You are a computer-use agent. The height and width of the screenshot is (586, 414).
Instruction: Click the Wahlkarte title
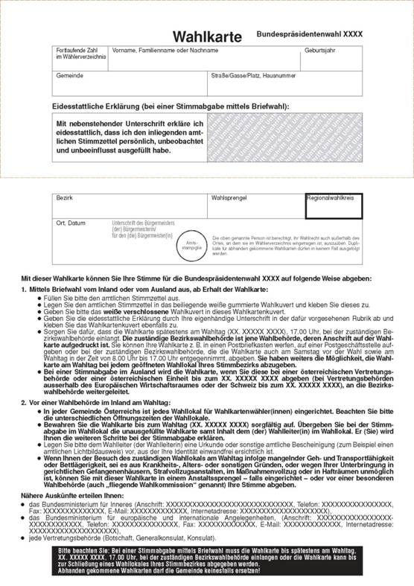tap(211, 36)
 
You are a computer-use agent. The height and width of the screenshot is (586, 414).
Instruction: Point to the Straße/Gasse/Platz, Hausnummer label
tap(253, 75)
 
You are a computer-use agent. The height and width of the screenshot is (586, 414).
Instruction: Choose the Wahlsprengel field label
tap(231, 199)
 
